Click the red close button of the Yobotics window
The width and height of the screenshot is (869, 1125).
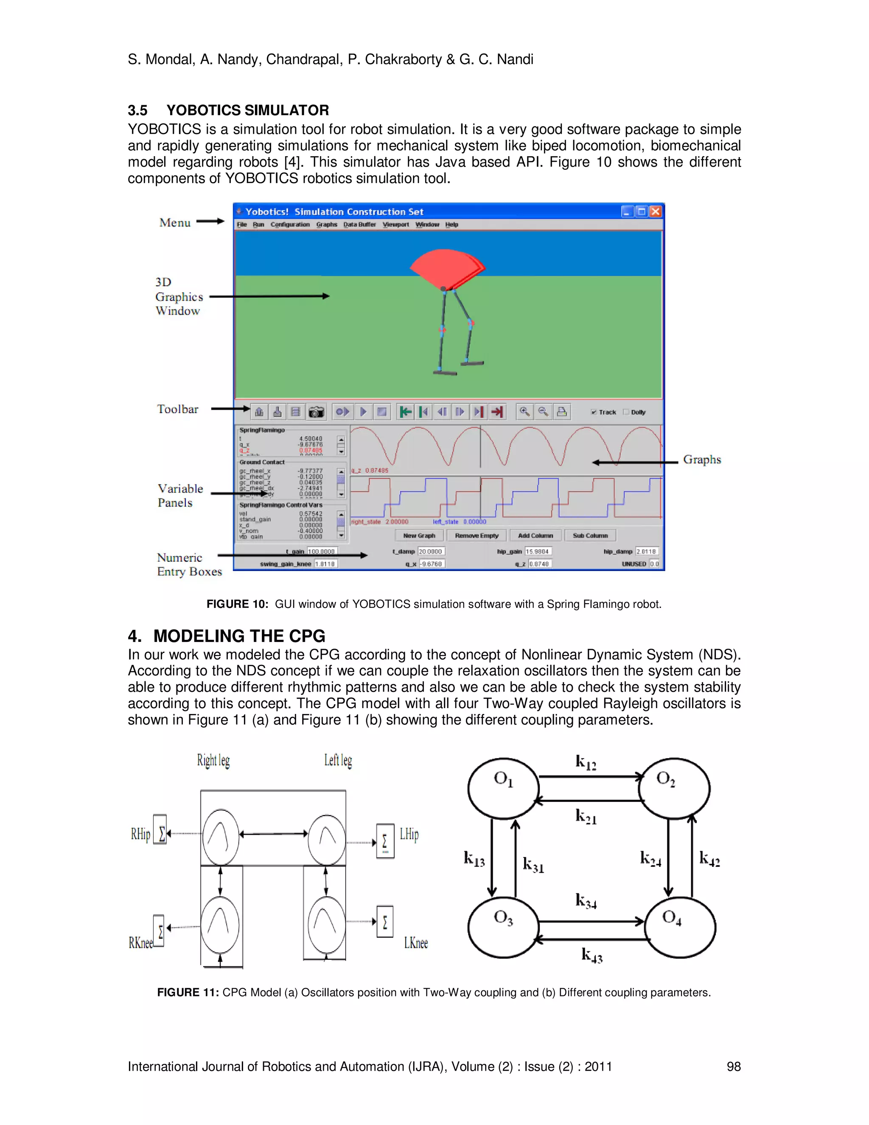(x=655, y=212)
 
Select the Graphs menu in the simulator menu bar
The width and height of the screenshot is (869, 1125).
(x=326, y=225)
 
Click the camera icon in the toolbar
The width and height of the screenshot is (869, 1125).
(x=316, y=411)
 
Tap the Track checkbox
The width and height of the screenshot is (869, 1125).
(x=594, y=412)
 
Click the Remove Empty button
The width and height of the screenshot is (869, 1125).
(x=476, y=536)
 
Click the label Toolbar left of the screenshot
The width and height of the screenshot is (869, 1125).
(x=178, y=409)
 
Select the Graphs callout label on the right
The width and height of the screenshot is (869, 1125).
(x=702, y=459)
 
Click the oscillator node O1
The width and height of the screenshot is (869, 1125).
(x=503, y=787)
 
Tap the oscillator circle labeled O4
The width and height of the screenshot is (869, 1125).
(x=680, y=927)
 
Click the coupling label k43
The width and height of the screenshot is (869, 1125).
(x=591, y=955)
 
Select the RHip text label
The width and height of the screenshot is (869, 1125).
(x=140, y=834)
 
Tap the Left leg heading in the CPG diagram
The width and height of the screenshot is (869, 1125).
(x=338, y=760)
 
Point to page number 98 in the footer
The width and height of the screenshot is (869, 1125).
(x=733, y=1066)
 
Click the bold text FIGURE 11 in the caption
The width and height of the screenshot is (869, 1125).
(x=188, y=993)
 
